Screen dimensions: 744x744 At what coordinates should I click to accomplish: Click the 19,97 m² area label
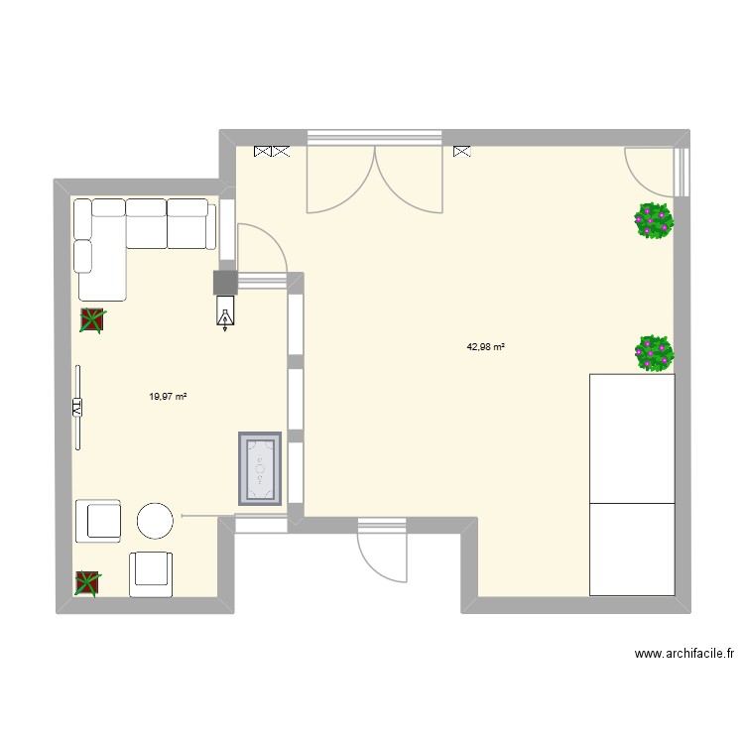168,396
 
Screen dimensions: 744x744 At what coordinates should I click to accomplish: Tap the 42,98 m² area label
486,346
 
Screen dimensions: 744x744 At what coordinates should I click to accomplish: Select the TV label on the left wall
75,406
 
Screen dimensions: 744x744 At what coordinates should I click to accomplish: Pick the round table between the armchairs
156,520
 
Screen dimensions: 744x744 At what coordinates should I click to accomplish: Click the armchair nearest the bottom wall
152,574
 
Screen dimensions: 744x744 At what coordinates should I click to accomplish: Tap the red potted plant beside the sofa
92,319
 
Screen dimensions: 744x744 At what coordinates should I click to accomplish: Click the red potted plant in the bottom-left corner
87,583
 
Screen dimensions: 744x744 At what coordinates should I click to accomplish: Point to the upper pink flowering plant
654,220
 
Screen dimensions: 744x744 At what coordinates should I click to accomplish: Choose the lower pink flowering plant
654,352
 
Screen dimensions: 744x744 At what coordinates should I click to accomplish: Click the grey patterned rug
260,468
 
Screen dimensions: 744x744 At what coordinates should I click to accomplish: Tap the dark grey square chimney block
226,283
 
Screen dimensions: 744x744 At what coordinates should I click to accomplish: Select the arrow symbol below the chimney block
226,315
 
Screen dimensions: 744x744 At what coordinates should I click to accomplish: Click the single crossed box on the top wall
461,152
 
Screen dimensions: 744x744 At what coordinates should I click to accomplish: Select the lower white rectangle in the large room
633,549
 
